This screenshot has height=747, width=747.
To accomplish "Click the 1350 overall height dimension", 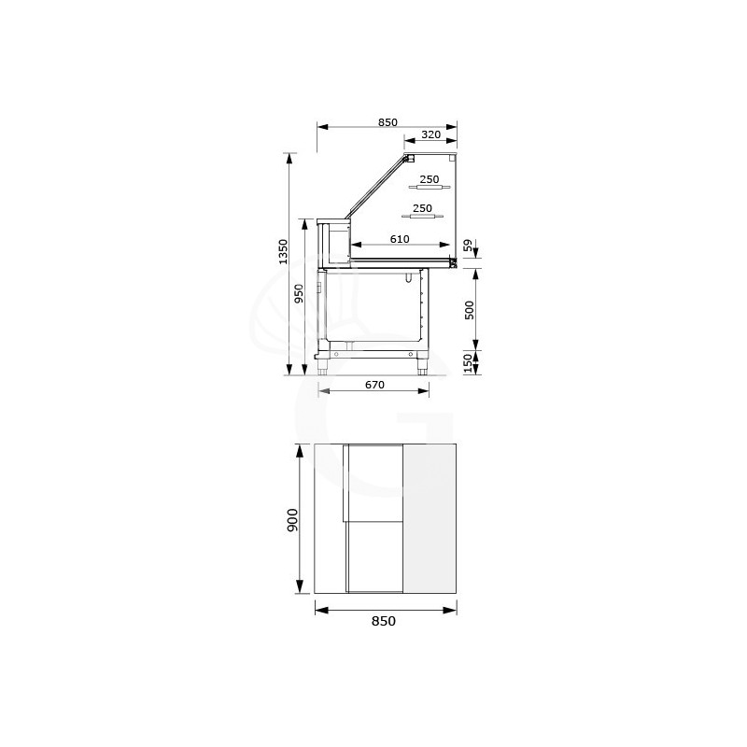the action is pos(283,252).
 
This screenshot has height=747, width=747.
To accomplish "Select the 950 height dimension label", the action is pos(299,293).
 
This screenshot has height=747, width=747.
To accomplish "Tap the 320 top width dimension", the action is pos(430,134).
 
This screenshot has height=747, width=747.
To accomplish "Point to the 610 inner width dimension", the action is pos(400,239).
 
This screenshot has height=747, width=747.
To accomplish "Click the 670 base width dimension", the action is pos(374,385).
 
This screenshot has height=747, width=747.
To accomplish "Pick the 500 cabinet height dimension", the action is pos(470,310).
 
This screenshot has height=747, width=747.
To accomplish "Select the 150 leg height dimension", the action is pos(468,363).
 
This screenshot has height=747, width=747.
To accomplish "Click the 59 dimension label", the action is pos(469,246).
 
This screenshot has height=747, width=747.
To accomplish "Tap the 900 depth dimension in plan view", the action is pos(292,520).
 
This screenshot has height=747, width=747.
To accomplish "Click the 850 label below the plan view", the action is pos(384,621).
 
